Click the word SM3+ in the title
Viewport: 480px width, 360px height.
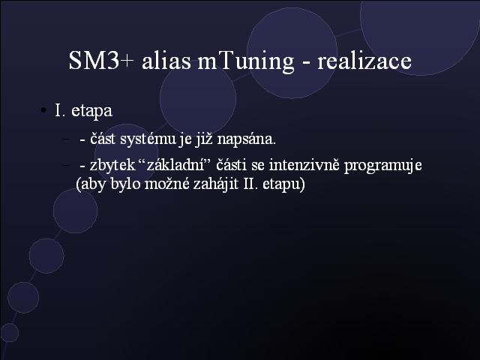pyautogui.click(x=101, y=61)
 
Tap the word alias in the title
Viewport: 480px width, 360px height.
pyautogui.click(x=166, y=60)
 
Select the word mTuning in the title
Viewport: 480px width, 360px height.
pyautogui.click(x=246, y=62)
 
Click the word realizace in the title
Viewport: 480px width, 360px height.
pyautogui.click(x=364, y=60)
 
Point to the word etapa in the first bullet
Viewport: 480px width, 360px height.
pyautogui.click(x=91, y=111)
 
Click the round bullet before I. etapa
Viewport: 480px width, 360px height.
pyautogui.click(x=43, y=110)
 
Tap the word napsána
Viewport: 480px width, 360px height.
pyautogui.click(x=247, y=139)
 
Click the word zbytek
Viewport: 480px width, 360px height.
pyautogui.click(x=112, y=166)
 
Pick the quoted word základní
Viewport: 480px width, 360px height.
pyautogui.click(x=177, y=165)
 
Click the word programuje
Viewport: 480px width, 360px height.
pyautogui.click(x=383, y=166)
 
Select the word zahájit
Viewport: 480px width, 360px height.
pyautogui.click(x=216, y=185)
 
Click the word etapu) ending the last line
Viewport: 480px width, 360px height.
pyautogui.click(x=283, y=185)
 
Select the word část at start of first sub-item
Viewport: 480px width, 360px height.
pyautogui.click(x=103, y=139)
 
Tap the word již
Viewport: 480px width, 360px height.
pyautogui.click(x=204, y=139)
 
